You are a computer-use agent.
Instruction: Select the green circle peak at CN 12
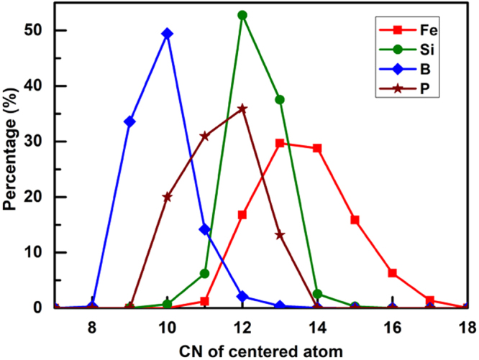(x=242, y=15)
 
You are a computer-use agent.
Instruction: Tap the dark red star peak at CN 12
(x=242, y=109)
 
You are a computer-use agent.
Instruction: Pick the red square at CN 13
(x=280, y=143)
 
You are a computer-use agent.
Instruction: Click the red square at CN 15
(x=355, y=220)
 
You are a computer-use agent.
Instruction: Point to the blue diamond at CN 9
(x=129, y=121)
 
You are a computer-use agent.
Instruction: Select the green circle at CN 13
(x=280, y=99)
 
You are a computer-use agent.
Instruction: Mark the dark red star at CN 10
(x=167, y=196)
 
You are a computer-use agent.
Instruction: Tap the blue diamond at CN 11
(x=205, y=229)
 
